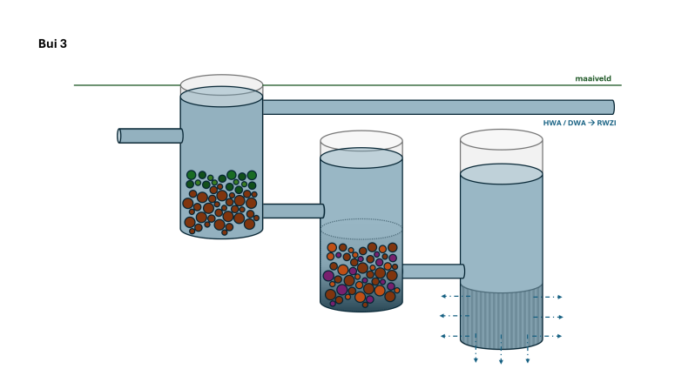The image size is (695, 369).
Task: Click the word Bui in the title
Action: [x=48, y=44]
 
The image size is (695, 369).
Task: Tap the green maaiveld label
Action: [x=592, y=78]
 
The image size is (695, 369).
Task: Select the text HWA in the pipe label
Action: [x=552, y=123]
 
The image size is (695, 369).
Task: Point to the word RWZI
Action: [x=605, y=123]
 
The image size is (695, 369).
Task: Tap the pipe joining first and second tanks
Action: [x=293, y=211]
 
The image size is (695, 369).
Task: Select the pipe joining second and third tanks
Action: [x=432, y=271]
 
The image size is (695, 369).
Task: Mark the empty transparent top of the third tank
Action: [x=501, y=151]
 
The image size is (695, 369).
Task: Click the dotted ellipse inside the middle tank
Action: [x=361, y=229]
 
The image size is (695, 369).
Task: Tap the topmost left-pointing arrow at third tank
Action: [x=448, y=296]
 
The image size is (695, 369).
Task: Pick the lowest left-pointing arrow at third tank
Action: [x=448, y=336]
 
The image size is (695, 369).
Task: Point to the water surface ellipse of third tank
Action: [x=501, y=174]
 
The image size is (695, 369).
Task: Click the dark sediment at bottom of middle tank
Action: [x=361, y=305]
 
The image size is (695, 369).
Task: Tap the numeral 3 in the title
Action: [x=64, y=44]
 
